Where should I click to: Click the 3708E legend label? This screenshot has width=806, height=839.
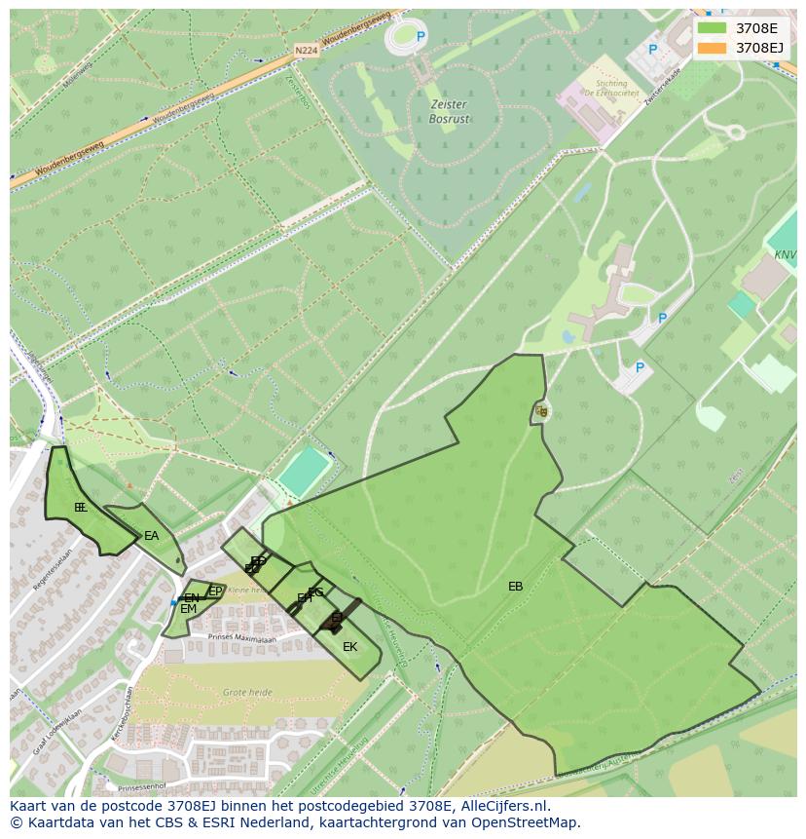pyautogui.click(x=756, y=28)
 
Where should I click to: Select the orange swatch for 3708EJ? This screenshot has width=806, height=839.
pyautogui.click(x=712, y=48)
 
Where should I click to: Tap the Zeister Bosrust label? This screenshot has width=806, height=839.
pyautogui.click(x=449, y=111)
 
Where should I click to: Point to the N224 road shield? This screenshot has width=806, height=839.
pyautogui.click(x=305, y=50)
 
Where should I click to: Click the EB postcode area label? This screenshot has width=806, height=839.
pyautogui.click(x=516, y=587)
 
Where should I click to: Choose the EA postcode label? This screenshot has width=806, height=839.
pyautogui.click(x=151, y=536)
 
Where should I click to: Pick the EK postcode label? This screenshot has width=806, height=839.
pyautogui.click(x=349, y=646)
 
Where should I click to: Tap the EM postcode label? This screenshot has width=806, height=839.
pyautogui.click(x=188, y=609)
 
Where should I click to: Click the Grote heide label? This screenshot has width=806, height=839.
pyautogui.click(x=247, y=692)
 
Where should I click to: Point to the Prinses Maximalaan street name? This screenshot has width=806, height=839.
pyautogui.click(x=242, y=637)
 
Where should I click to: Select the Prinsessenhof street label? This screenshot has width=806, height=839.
pyautogui.click(x=141, y=786)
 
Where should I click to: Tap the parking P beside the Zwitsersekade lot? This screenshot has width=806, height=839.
pyautogui.click(x=653, y=50)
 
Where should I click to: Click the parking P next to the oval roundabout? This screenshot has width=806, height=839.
pyautogui.click(x=421, y=37)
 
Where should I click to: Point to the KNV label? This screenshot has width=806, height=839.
pyautogui.click(x=785, y=255)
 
